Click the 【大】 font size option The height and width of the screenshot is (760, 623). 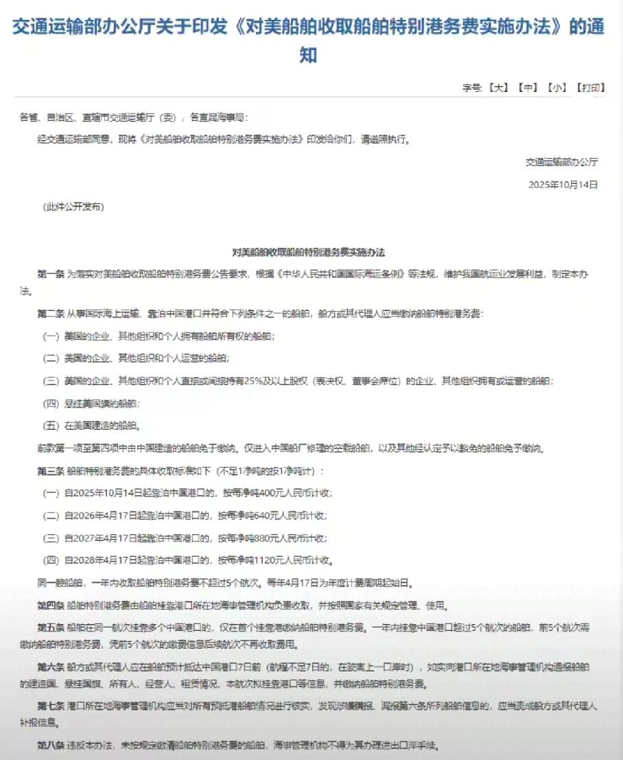(498, 87)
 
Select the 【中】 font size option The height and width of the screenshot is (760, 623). (528, 87)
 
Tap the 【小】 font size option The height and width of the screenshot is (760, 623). (557, 87)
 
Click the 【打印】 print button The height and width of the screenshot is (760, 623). (590, 87)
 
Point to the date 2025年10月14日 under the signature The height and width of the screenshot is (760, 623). (563, 185)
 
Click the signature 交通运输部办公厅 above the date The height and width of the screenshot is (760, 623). (562, 162)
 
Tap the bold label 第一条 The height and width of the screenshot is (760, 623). (51, 274)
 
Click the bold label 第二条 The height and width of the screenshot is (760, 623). (51, 314)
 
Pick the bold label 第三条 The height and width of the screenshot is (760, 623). (51, 471)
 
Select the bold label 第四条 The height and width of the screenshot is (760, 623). (51, 606)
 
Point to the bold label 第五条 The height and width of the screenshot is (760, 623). (51, 628)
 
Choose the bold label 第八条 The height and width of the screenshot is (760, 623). (51, 745)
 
